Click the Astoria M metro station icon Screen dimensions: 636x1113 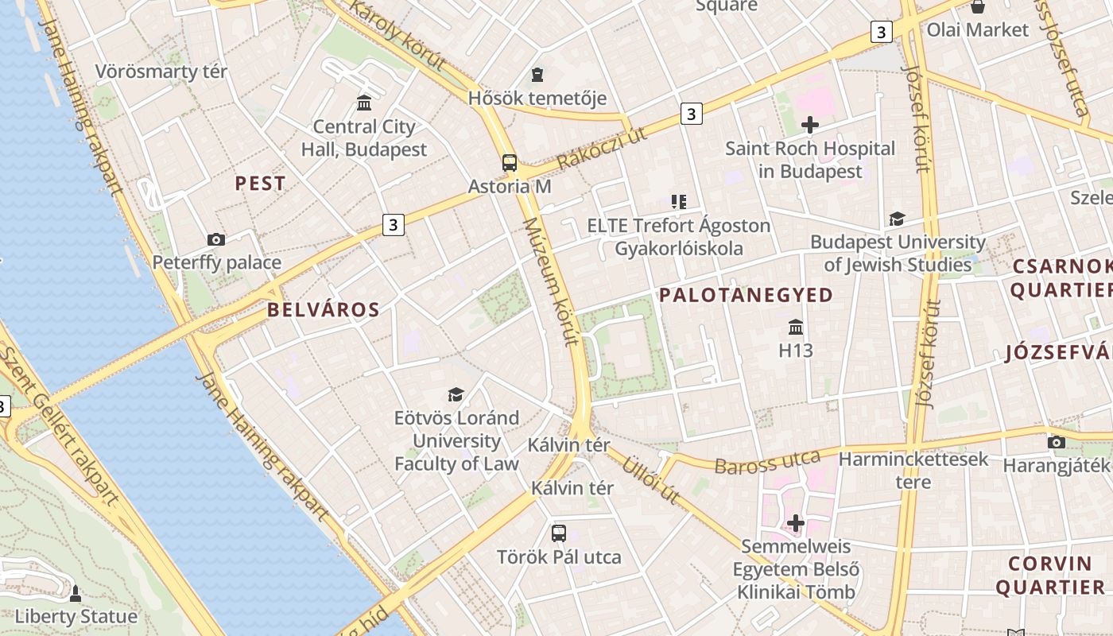pos(510,163)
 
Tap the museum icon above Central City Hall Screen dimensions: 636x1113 pos(364,103)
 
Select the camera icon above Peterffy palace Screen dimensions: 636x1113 pos(215,239)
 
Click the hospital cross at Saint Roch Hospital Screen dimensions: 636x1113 pos(810,125)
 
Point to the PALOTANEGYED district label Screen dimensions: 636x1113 pos(747,295)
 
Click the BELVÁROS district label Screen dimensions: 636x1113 pos(324,310)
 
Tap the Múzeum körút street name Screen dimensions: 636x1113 pos(549,282)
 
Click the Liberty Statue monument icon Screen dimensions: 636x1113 pos(76,594)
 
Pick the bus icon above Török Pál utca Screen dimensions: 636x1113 pos(559,533)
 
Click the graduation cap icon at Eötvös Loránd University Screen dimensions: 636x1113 pos(456,394)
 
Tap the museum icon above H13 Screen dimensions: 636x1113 pos(796,327)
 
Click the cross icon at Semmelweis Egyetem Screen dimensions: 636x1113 pos(796,523)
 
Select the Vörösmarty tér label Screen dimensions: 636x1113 pos(161,72)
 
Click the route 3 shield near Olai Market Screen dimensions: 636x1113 pos(880,32)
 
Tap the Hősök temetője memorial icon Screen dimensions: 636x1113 pos(538,75)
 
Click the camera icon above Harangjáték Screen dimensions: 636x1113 pos(1056,442)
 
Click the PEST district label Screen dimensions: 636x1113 pos(260,184)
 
